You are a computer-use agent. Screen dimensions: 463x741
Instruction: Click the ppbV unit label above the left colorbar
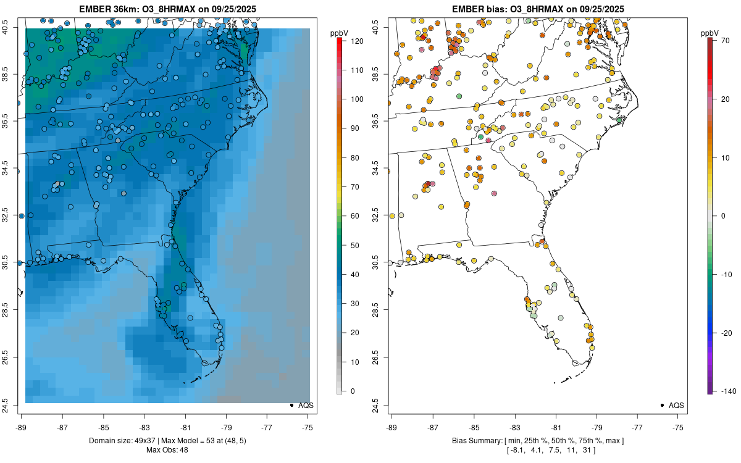[339, 32]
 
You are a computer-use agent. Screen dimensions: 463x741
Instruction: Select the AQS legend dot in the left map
[291, 405]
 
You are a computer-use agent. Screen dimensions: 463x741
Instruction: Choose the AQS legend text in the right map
[676, 405]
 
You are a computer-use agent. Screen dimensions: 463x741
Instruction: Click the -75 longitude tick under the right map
[678, 426]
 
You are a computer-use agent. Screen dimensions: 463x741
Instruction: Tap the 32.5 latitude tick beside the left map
[13, 216]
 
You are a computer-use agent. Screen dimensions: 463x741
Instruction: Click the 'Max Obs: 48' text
[166, 449]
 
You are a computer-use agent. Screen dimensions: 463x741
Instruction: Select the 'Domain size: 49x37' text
[124, 441]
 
